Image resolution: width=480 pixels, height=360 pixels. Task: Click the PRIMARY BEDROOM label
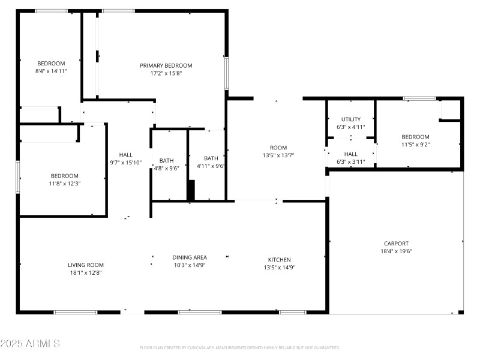pos(166,65)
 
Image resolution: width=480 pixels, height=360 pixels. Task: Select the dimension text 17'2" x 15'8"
pos(166,73)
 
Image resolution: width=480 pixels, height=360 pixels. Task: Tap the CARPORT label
pos(396,244)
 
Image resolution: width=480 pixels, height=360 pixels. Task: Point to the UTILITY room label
pos(350,119)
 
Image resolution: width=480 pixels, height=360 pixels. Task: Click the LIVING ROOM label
pos(86,265)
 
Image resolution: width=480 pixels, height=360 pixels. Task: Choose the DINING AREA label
pos(190,257)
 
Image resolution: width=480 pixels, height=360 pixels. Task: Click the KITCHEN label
pos(280,260)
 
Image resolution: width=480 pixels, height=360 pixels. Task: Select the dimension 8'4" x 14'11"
pos(51,71)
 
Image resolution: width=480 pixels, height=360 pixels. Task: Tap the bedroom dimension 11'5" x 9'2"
pos(415,144)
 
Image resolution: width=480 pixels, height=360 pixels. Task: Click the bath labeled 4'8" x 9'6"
pos(166,164)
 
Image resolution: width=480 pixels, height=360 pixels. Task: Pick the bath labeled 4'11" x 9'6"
pos(211,162)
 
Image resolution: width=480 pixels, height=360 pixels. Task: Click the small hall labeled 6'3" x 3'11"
pos(350,158)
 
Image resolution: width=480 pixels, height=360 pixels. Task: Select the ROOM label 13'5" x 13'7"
pos(278,151)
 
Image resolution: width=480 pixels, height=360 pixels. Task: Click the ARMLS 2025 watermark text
pos(30,344)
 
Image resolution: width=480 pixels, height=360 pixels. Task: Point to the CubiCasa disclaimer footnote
pos(239,347)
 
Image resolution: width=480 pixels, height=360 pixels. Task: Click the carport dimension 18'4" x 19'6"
pos(396,251)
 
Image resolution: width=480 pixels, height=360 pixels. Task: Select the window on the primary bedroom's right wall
pos(227,73)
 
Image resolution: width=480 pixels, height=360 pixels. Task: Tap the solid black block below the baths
pos(191,191)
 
